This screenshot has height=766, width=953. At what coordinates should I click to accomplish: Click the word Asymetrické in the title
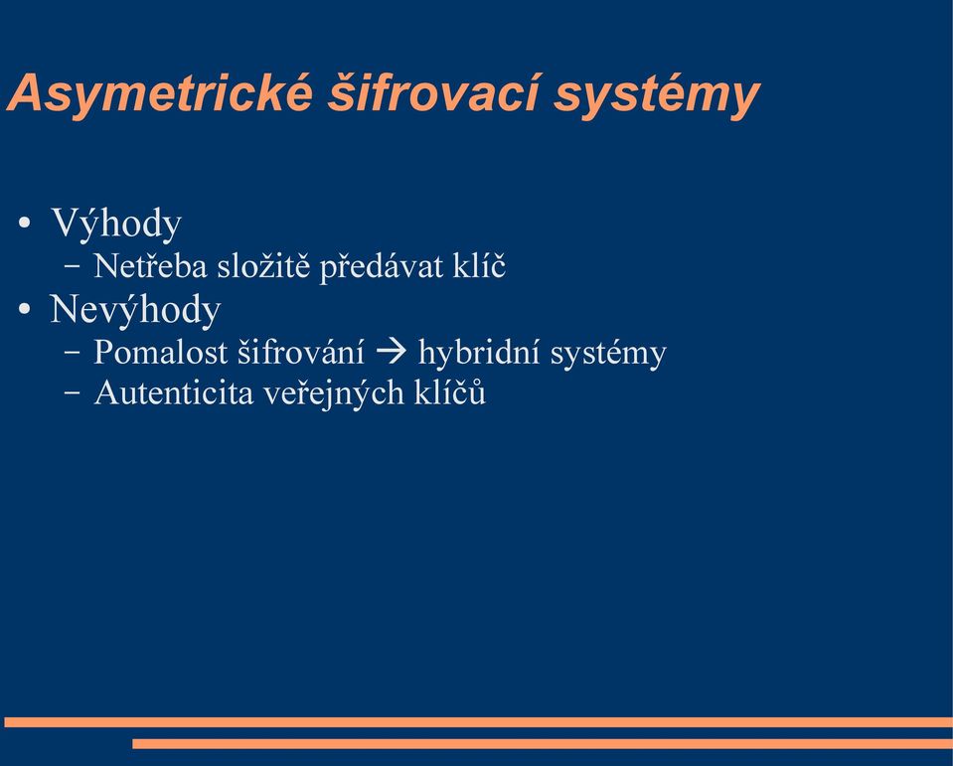[160, 93]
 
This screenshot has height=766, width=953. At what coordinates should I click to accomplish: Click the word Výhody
[116, 224]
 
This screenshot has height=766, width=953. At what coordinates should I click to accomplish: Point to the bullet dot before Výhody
[24, 223]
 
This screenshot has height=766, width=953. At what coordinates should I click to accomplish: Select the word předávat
[382, 267]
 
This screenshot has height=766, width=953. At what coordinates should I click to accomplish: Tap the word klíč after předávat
[479, 265]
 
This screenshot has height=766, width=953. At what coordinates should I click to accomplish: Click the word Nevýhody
[135, 310]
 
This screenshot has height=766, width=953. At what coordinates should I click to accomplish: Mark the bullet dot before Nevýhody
[24, 309]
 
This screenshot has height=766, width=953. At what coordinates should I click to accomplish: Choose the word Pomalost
[160, 352]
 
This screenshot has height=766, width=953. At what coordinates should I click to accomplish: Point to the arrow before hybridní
[392, 352]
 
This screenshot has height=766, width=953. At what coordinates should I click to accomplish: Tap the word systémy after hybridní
[608, 355]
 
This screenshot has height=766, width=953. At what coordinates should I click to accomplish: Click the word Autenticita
[174, 392]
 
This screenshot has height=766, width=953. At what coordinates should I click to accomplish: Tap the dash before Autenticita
[72, 393]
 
